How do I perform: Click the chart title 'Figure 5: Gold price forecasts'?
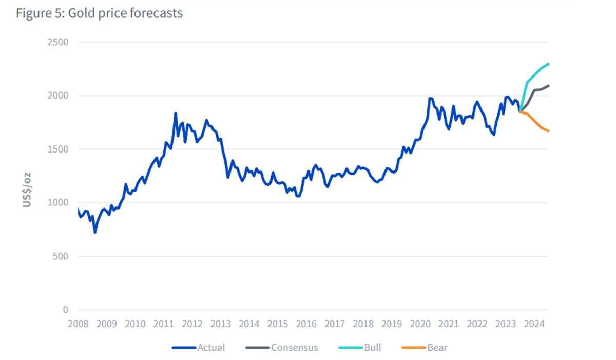[99, 13]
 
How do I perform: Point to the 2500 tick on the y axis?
[57, 42]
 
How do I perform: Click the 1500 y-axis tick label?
[57, 149]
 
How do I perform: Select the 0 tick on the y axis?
[65, 310]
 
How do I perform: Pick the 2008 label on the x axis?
[78, 324]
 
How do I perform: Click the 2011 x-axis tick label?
[164, 324]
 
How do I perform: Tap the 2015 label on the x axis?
[278, 324]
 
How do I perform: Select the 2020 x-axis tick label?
[420, 324]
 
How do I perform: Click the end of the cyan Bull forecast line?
[549, 64]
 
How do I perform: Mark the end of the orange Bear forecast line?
[549, 131]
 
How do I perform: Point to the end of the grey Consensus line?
[549, 85]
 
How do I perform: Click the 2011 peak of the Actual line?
[176, 113]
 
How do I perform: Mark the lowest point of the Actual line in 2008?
[95, 233]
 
